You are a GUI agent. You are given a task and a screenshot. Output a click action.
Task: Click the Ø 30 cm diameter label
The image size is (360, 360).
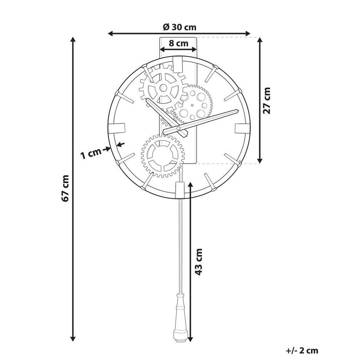179,27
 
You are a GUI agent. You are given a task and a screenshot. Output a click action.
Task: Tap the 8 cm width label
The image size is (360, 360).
179,43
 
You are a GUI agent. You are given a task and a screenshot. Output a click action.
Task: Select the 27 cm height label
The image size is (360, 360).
267,101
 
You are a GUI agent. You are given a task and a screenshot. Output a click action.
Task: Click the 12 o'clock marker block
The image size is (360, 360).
178,65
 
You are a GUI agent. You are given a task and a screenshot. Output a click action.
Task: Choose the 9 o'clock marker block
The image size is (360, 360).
117,128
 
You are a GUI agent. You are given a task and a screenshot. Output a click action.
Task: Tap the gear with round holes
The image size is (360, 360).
194,103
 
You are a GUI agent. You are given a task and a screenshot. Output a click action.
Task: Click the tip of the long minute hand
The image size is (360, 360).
236,111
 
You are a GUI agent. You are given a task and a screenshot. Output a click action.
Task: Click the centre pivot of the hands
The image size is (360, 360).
178,128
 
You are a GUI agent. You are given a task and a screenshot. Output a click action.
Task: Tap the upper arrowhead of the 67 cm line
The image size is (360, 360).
73,39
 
